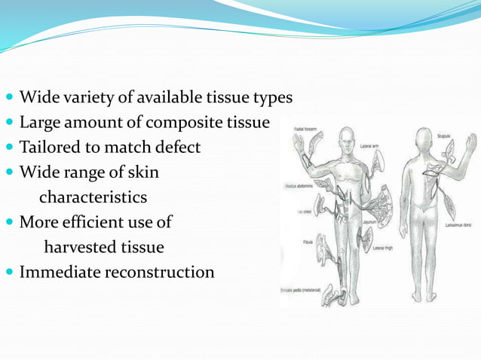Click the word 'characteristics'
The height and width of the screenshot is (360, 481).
(93, 197)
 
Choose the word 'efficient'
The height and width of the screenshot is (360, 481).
(106, 222)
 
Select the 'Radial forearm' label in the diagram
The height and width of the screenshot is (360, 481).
(304, 129)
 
